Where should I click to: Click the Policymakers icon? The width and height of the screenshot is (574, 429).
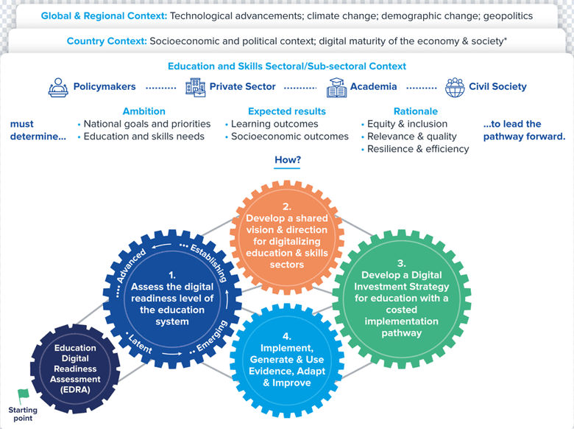tap(57, 88)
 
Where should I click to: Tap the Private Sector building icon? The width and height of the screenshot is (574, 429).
tap(196, 88)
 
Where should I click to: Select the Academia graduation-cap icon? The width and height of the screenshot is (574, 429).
tap(337, 88)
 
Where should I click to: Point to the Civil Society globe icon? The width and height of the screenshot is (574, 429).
tap(456, 88)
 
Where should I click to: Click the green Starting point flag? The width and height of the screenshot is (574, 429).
tap(23, 396)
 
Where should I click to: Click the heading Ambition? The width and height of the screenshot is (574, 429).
tap(143, 111)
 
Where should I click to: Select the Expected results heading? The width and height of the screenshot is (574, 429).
tap(287, 111)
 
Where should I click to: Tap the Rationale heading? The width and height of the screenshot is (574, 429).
tap(417, 111)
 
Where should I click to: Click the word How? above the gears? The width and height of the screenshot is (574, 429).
tap(288, 160)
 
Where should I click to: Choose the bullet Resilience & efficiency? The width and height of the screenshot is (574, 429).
tap(417, 149)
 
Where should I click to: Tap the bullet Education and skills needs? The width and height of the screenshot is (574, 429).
tap(144, 136)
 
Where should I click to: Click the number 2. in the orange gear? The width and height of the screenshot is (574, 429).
tap(287, 207)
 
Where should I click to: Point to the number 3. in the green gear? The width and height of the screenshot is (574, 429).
tap(401, 263)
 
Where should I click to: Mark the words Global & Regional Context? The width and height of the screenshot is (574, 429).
tap(104, 15)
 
